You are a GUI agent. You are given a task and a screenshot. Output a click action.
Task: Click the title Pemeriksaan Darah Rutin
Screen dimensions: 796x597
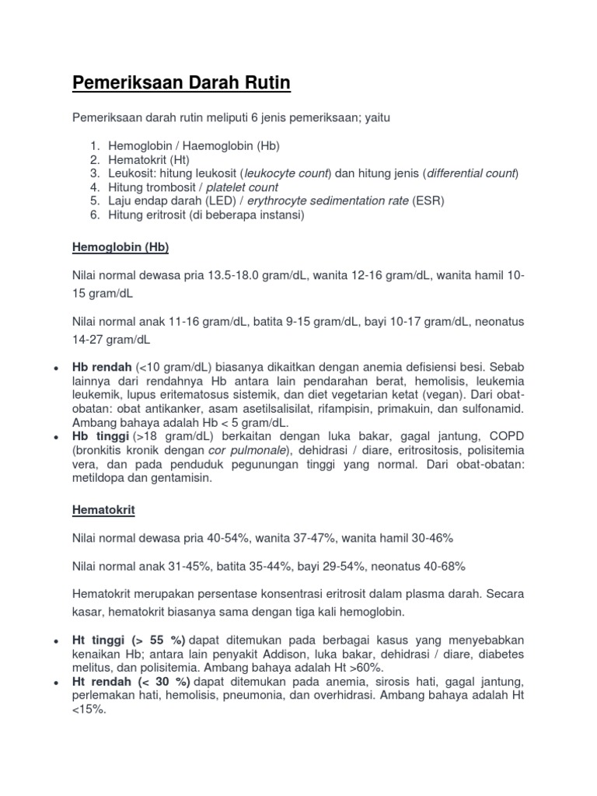pos(182,82)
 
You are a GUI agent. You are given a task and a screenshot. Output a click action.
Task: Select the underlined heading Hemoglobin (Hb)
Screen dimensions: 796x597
pos(120,247)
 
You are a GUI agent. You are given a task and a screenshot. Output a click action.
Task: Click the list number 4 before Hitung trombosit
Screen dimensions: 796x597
pos(94,187)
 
